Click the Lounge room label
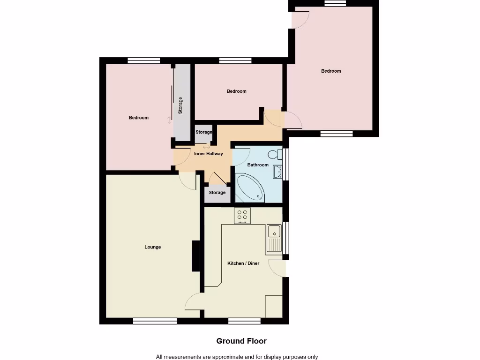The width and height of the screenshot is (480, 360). pos(152,247)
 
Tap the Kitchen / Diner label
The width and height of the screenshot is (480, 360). pos(243,263)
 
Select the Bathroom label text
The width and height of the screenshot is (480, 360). pos(258,165)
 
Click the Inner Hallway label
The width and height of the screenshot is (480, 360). pos(208,154)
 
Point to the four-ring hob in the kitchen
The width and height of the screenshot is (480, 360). pos(242,216)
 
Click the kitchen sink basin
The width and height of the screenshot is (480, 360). pos(273,231)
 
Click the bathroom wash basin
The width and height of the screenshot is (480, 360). pos(277,172)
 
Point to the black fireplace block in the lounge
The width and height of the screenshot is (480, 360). pos(195,256)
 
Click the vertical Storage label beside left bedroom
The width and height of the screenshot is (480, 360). pos(180,106)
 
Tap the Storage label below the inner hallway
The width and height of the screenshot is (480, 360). pos(217,193)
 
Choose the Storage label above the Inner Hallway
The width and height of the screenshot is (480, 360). pos(204,132)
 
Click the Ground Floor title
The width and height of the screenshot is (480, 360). pos(241,341)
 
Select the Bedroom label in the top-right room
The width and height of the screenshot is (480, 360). pos(331,71)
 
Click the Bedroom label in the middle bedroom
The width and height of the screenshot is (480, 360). pos(236,91)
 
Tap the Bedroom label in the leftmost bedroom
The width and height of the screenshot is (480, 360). pos(139,118)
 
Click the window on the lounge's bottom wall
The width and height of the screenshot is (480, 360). pos(155,321)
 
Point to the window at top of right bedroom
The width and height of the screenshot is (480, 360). pos(335,3)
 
